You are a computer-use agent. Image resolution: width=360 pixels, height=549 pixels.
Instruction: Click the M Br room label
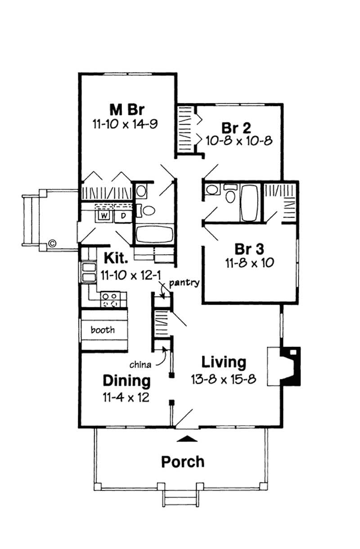[x=125, y=109]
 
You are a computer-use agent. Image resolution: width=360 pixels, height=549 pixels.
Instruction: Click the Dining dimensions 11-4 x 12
[x=126, y=397]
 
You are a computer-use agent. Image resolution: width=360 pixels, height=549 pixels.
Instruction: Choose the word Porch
[x=183, y=461]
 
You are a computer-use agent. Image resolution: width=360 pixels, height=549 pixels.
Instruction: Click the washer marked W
[x=104, y=216]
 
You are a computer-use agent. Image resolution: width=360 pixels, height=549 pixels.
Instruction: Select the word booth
[x=103, y=330]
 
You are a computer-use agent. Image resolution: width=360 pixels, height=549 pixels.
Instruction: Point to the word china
[x=140, y=363]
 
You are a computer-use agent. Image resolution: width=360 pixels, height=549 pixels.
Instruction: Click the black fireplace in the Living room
[x=291, y=365]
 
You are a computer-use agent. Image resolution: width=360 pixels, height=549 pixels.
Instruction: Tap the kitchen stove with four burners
[x=111, y=300]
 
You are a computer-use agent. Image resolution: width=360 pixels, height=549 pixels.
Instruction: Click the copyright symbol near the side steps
[x=52, y=244]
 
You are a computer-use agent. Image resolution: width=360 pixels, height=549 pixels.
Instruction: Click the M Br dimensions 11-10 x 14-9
[x=125, y=124]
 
